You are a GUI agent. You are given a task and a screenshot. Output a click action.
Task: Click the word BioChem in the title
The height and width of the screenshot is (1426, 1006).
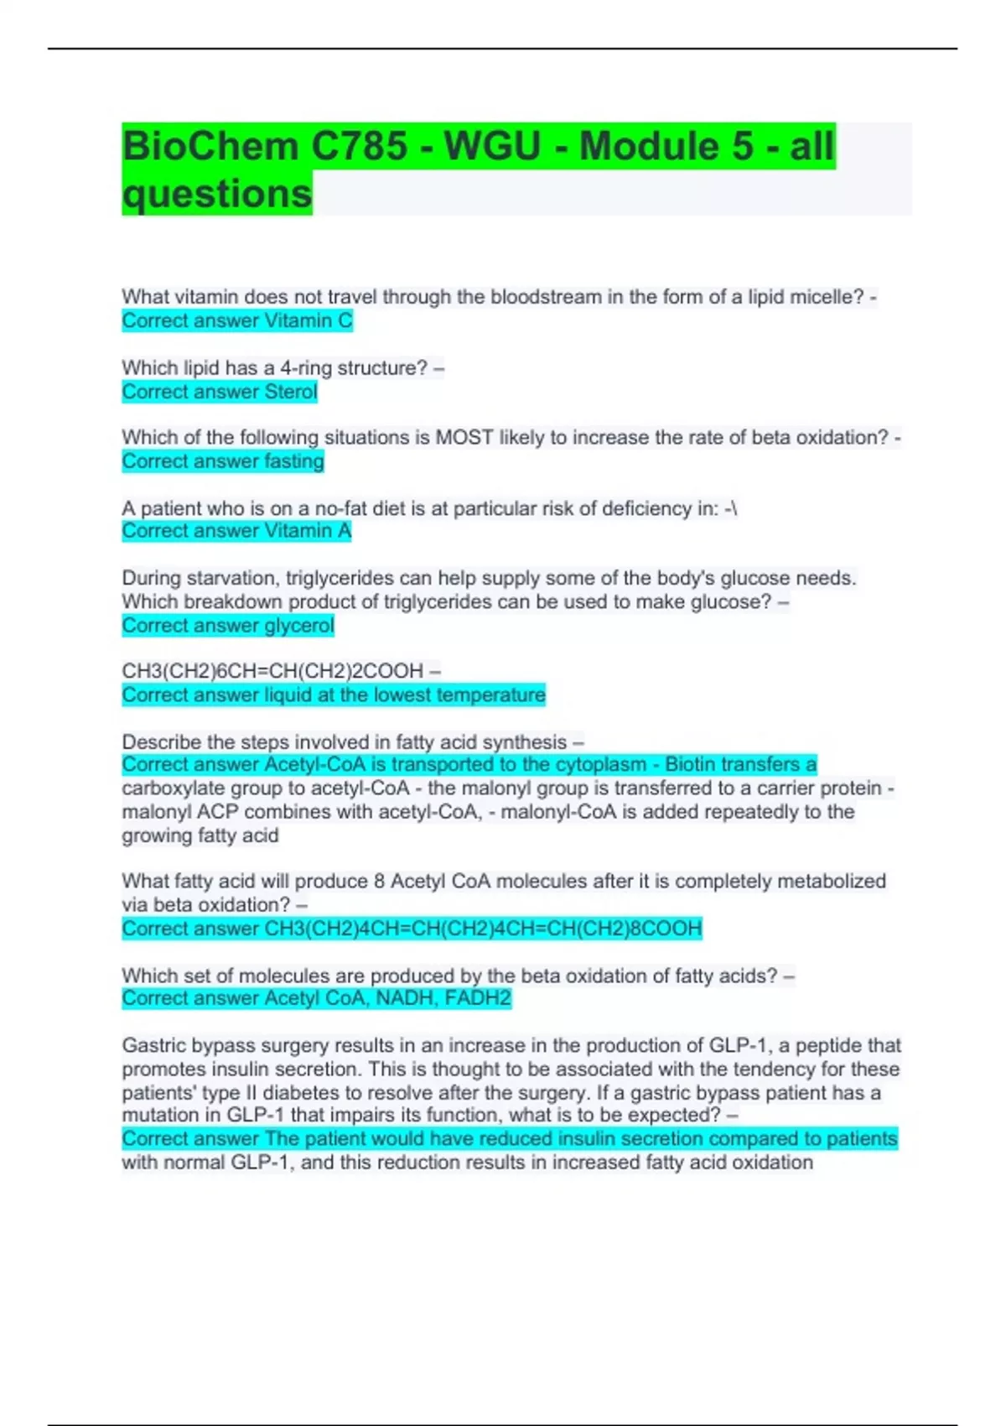point(210,147)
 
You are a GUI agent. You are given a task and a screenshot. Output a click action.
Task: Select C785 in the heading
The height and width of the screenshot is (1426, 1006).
point(360,147)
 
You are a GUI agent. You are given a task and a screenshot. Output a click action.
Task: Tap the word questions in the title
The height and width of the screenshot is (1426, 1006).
point(217,194)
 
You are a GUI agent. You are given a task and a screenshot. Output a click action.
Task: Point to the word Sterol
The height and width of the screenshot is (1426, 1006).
point(291,392)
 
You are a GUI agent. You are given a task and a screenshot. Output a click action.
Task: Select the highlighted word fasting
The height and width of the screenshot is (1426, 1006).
point(294,461)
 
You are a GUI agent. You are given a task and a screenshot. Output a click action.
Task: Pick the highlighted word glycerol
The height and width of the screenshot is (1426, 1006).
point(299,626)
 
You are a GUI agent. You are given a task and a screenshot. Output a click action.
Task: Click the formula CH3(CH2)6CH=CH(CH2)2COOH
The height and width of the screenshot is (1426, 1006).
point(272,671)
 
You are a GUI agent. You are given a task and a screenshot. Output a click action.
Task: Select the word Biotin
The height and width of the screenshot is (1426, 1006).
point(692,764)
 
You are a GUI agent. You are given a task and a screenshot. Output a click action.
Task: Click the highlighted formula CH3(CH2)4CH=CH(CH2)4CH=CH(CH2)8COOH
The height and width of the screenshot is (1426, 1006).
point(483,929)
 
